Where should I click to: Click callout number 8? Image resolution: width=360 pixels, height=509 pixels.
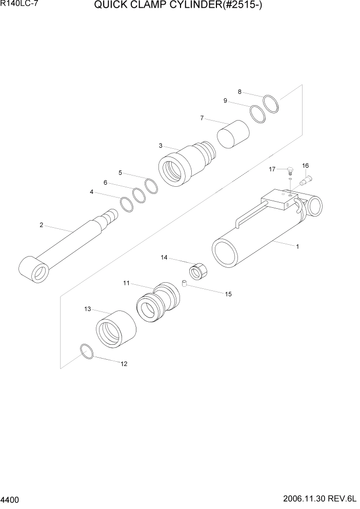click(239, 92)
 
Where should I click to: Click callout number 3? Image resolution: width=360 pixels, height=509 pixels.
click(161, 146)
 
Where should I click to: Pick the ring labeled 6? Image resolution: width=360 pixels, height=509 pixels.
click(139, 195)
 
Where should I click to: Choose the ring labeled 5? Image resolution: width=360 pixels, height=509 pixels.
click(151, 186)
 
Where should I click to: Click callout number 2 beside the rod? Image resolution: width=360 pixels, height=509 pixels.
click(41, 225)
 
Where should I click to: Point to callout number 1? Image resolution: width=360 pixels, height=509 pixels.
click(297, 246)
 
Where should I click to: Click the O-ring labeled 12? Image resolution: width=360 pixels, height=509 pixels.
click(87, 352)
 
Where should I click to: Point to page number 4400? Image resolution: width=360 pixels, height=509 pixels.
click(10, 499)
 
